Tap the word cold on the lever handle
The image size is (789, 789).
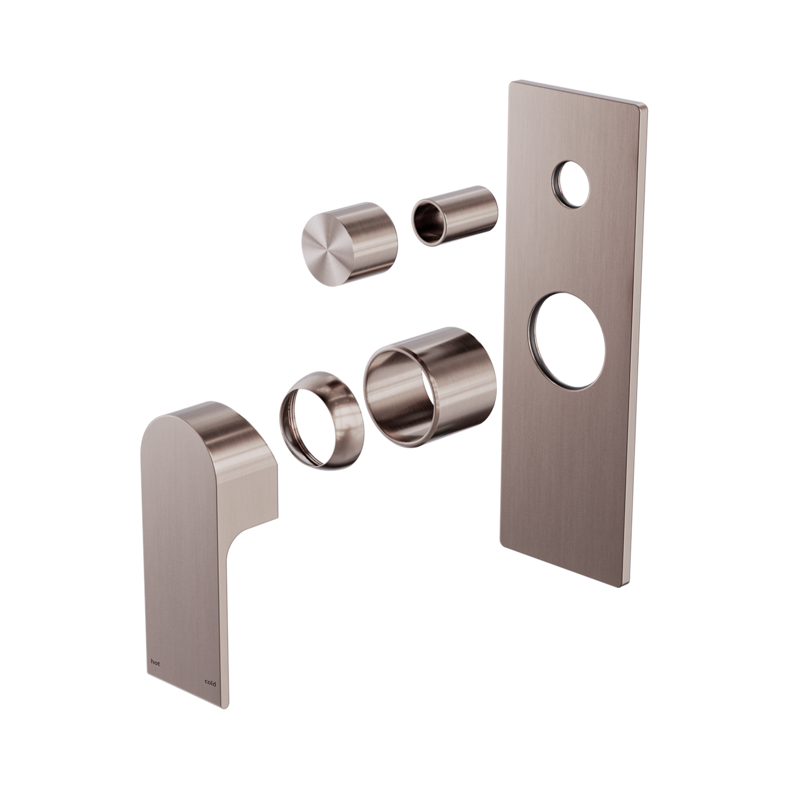pos(210,683)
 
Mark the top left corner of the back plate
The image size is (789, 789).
pos(511,82)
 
